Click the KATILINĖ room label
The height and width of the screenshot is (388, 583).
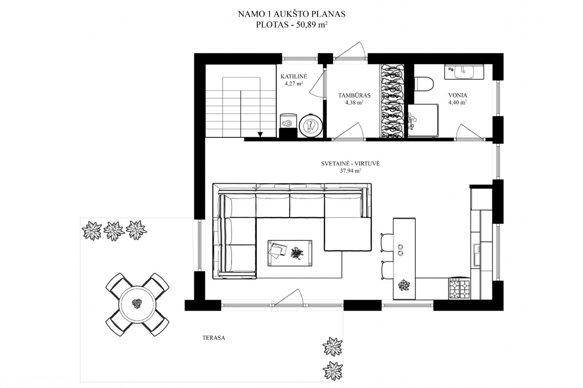(x=294, y=77)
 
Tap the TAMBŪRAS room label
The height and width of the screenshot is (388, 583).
(x=354, y=96)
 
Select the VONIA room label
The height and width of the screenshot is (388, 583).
(x=458, y=95)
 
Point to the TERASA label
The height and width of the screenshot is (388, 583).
(x=214, y=338)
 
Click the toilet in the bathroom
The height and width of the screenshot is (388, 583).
(x=424, y=85)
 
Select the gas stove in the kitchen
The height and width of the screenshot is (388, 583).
(x=459, y=288)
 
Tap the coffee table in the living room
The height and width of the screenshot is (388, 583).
(x=290, y=253)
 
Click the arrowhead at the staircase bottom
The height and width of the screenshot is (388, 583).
(x=260, y=134)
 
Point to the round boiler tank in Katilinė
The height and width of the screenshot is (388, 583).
(x=311, y=125)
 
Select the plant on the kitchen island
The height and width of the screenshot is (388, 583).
(x=404, y=285)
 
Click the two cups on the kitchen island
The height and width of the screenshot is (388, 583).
(x=400, y=250)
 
